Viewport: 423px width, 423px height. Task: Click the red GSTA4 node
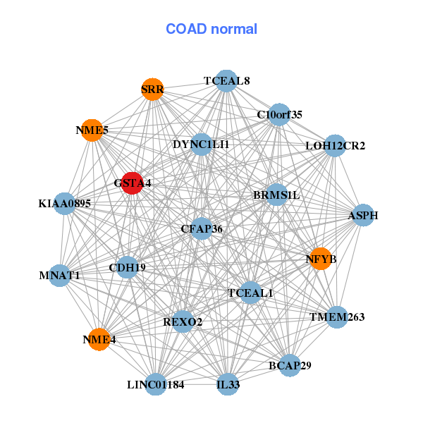pos(133,183)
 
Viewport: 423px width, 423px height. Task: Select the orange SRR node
pos(152,89)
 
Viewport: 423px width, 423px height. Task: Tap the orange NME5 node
pos(92,130)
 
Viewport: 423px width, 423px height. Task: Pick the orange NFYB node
pos(321,259)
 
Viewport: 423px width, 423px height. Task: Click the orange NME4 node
pos(99,339)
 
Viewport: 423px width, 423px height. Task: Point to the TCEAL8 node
pos(226,80)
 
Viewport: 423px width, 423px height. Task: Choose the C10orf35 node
pos(279,114)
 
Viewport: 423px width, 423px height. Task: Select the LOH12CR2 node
pos(335,146)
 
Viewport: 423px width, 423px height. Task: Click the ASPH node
pos(362,215)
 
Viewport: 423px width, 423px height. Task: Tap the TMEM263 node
pos(337,317)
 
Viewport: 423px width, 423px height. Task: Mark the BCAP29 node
pos(290,365)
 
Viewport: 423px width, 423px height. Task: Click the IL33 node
pos(227,384)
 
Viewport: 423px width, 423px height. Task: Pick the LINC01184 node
pos(156,384)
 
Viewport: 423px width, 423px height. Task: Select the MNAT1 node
pos(60,275)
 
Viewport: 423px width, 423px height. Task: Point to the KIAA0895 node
pos(65,204)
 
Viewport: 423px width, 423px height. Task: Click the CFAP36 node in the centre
pos(202,228)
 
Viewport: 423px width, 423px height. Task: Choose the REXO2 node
pos(183,321)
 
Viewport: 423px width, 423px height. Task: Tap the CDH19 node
pos(127,267)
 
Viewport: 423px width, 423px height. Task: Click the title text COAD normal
pos(211,30)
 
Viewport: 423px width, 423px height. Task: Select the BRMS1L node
pos(276,195)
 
